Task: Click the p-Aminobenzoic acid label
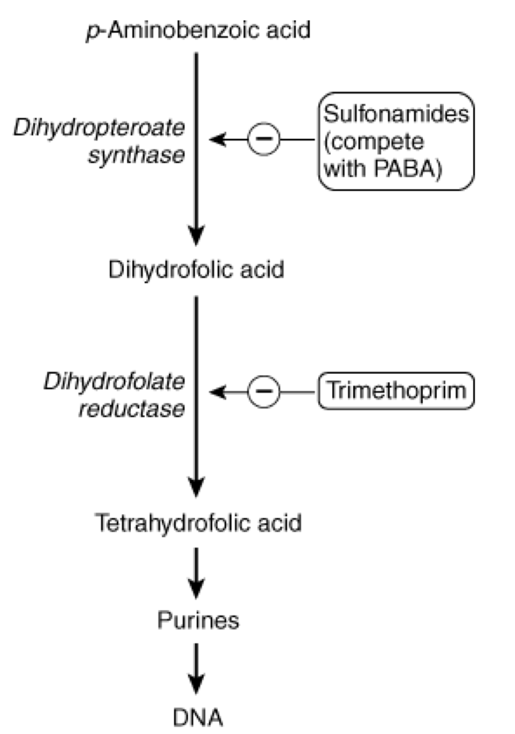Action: click(198, 30)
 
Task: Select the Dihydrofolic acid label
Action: click(196, 270)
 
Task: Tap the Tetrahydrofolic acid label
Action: click(198, 523)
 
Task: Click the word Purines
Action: click(198, 621)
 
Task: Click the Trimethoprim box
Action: click(396, 391)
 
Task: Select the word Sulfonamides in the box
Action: click(396, 114)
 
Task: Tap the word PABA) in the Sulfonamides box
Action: click(408, 168)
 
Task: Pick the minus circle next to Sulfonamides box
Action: click(264, 139)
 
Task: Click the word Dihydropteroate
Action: click(99, 128)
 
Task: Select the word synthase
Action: click(137, 155)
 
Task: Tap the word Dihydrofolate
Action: click(114, 382)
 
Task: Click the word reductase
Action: click(132, 409)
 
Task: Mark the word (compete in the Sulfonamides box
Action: click(374, 142)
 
